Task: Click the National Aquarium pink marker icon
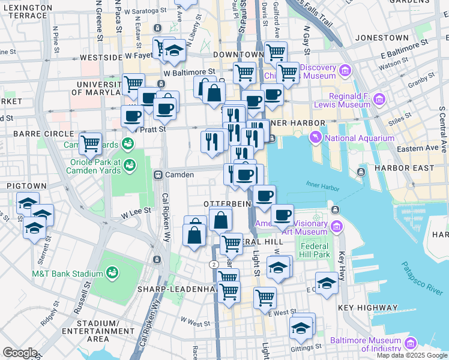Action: click(315, 139)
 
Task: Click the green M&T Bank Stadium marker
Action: click(112, 274)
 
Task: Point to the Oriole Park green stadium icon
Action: click(112, 170)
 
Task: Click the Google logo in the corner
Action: click(20, 353)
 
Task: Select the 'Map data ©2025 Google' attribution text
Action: click(412, 355)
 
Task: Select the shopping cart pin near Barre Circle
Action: click(90, 143)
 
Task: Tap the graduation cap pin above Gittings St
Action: click(301, 326)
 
